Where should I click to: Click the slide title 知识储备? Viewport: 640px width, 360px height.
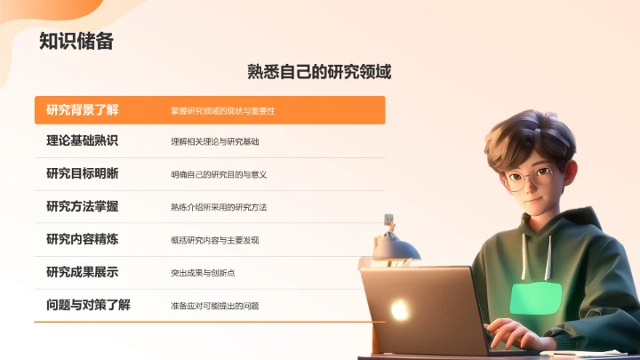[x=76, y=41]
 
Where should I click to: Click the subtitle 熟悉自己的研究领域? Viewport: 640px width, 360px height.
[x=319, y=72]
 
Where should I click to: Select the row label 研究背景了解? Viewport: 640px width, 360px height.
[x=82, y=110]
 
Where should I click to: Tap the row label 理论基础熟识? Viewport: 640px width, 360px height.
[x=82, y=141]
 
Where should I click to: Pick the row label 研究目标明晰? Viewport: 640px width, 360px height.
[x=82, y=174]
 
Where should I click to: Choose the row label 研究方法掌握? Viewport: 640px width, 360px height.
[x=82, y=207]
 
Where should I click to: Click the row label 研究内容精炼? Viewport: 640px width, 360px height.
[x=82, y=239]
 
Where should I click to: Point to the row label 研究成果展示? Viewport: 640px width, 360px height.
[x=82, y=272]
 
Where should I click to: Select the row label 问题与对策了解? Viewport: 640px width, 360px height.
[x=88, y=305]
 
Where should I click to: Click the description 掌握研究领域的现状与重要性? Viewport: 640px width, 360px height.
[x=223, y=111]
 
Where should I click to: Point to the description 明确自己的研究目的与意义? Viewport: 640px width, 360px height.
[x=219, y=175]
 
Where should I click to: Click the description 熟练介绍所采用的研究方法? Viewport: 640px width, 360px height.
[x=219, y=207]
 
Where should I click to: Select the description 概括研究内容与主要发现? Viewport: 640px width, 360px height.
[x=215, y=240]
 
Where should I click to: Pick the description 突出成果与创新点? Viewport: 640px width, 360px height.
[x=203, y=273]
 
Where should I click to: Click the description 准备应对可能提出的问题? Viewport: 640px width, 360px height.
[x=215, y=306]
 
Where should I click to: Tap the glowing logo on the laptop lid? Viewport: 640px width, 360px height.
[x=400, y=308]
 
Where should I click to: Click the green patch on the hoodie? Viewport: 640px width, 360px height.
[x=536, y=298]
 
